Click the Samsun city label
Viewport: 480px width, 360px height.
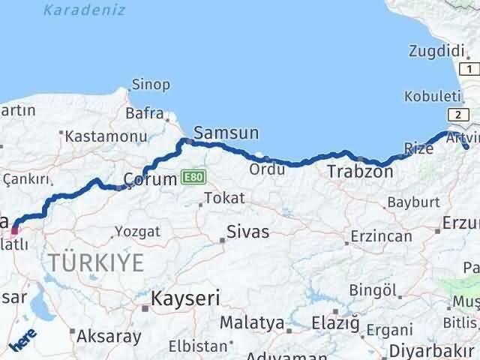tap(226, 133)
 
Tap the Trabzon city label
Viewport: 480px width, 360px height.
tap(359, 172)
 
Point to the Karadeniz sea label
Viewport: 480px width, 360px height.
tap(84, 10)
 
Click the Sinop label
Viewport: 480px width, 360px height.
tap(151, 84)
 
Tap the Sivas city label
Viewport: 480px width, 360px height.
tap(248, 231)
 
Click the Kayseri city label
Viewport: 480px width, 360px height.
tap(185, 298)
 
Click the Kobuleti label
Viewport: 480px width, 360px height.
tap(432, 97)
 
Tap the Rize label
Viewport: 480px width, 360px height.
tap(418, 148)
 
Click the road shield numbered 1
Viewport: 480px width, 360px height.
tap(469, 69)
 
